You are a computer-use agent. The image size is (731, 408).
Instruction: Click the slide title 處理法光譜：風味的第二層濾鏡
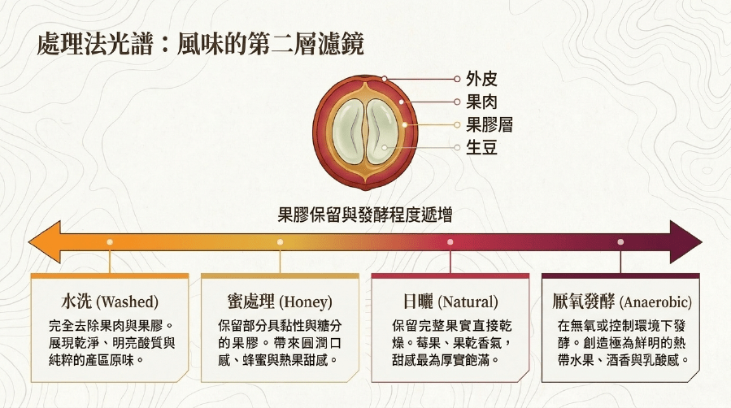click(200, 44)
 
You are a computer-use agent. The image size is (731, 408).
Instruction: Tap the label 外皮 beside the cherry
click(481, 79)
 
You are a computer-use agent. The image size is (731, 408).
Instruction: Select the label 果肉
click(481, 102)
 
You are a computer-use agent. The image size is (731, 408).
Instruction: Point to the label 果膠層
click(490, 124)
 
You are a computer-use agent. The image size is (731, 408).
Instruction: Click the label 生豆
click(481, 147)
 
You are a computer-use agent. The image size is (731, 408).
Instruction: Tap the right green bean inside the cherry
click(382, 132)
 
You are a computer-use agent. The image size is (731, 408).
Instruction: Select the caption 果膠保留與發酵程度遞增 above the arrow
click(365, 215)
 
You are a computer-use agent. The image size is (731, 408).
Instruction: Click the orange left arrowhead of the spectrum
click(45, 242)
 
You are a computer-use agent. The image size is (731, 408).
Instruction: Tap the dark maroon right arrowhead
click(685, 242)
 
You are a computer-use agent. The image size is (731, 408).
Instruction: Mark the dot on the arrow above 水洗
click(110, 242)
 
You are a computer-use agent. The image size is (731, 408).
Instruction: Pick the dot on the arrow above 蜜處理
click(280, 242)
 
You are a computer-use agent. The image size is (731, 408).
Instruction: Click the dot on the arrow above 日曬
click(450, 242)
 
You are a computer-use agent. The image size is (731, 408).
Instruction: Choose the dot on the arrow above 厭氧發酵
click(620, 242)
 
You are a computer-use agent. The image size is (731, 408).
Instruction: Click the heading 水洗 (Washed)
click(110, 302)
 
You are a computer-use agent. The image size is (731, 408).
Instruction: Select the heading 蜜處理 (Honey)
click(280, 302)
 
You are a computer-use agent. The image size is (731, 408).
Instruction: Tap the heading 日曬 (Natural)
click(450, 302)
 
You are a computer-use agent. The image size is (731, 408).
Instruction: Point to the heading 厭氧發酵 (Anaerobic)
click(621, 302)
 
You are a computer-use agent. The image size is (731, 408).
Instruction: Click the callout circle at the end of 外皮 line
click(457, 79)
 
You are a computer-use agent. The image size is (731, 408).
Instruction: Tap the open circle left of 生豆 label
click(457, 148)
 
